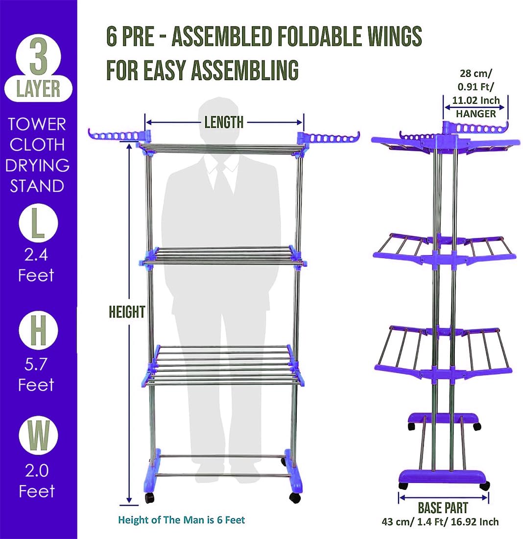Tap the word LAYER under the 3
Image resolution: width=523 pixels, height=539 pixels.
click(38, 89)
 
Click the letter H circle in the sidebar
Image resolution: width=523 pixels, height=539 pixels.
click(38, 332)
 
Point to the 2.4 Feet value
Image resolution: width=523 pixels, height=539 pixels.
click(36, 265)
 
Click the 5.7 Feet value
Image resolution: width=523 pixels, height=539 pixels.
click(36, 374)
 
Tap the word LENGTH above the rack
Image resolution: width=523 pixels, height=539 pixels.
click(224, 122)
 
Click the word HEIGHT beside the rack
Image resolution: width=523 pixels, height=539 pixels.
click(127, 312)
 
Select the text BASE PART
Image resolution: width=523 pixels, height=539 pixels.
click(443, 508)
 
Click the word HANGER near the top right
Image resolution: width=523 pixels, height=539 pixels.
click(476, 113)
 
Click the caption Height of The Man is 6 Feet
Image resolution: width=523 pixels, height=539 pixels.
click(182, 520)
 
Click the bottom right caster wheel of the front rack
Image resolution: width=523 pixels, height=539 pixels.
click(295, 498)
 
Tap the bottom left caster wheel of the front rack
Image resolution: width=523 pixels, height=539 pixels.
click(149, 498)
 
